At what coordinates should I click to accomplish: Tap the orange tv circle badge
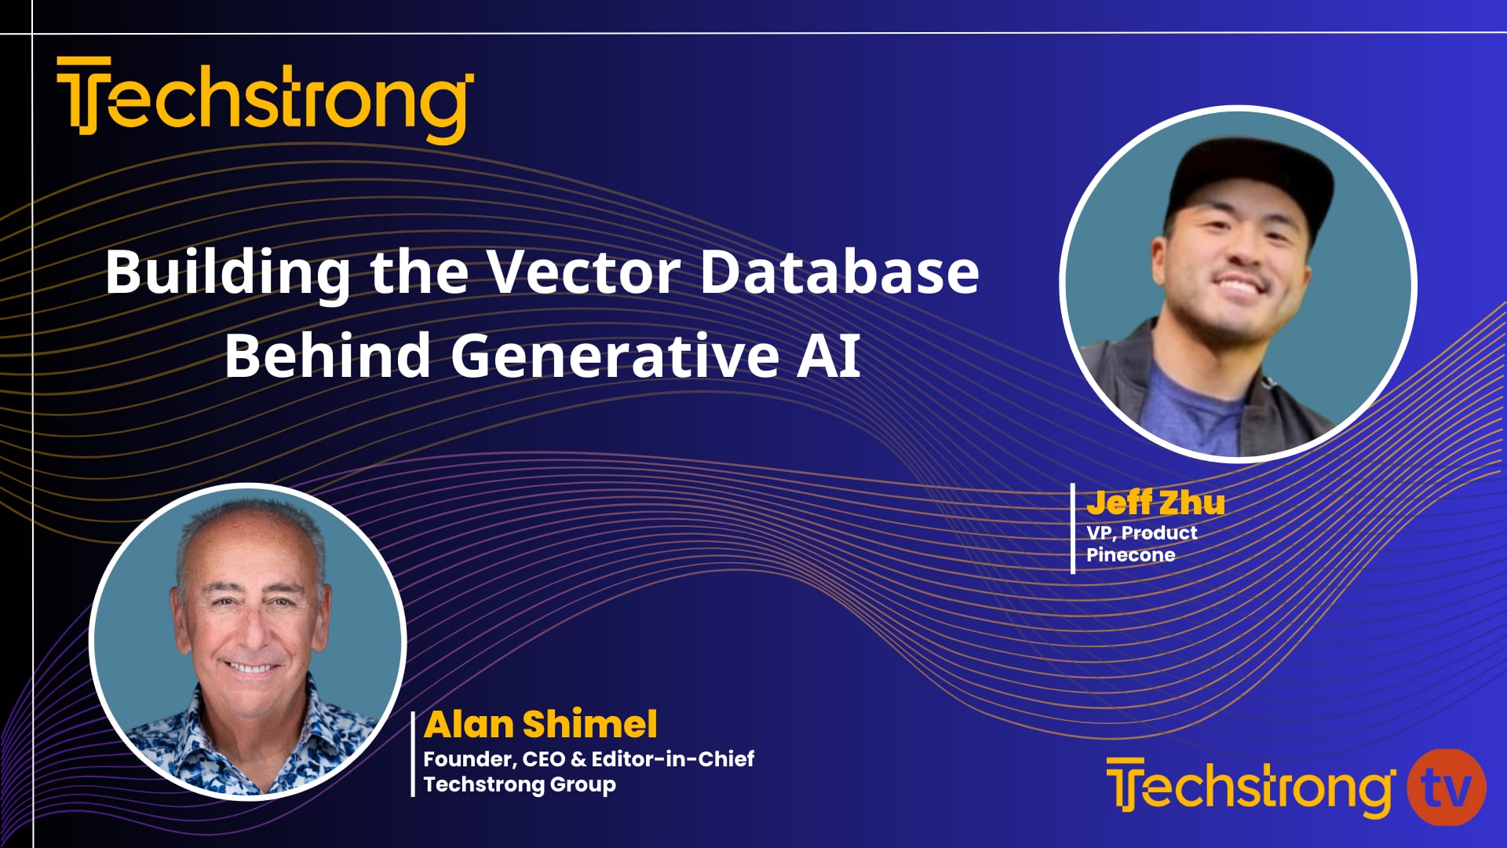tap(1446, 788)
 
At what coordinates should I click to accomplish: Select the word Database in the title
tap(839, 272)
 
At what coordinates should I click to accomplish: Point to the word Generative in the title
tap(615, 355)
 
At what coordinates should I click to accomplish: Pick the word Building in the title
tap(228, 272)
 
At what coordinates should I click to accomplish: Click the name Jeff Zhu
tap(1155, 503)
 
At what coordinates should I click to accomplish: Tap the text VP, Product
tap(1141, 533)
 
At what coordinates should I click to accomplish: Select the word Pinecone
tap(1130, 555)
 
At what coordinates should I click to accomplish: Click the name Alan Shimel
tap(540, 724)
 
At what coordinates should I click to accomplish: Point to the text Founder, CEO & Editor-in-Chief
tap(589, 759)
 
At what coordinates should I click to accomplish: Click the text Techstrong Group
tap(520, 784)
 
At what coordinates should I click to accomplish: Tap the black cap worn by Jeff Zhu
tap(1248, 177)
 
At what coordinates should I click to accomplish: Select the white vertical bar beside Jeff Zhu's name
tap(1073, 528)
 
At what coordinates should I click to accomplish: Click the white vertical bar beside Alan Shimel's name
tap(414, 754)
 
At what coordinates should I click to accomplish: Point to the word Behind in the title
tap(327, 355)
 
